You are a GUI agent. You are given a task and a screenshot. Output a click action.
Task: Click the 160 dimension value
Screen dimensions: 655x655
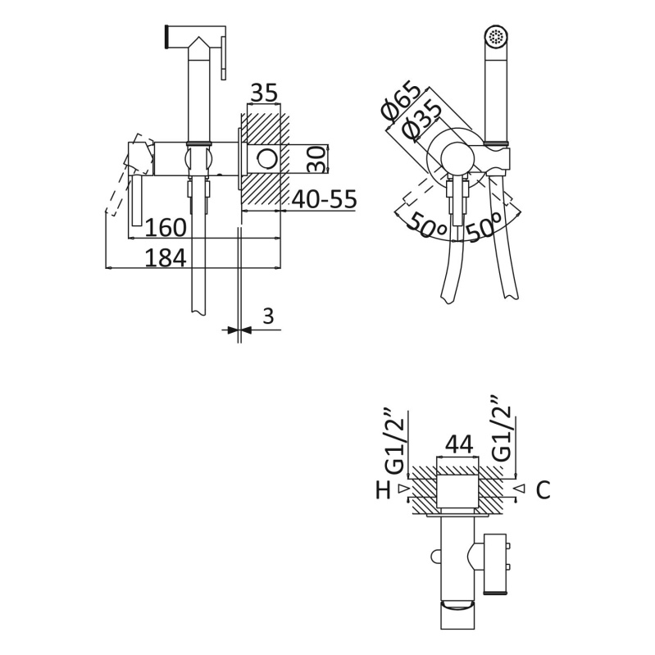[166, 228]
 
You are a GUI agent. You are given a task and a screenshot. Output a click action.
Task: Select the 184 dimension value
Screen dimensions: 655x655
[166, 257]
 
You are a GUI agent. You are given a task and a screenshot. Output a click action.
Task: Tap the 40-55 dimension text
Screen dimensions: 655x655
[324, 199]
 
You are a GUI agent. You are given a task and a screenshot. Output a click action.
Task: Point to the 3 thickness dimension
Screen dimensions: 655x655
[268, 316]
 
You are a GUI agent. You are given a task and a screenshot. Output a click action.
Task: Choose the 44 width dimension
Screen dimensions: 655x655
[459, 444]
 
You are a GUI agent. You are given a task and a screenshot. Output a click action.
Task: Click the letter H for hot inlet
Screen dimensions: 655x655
[383, 490]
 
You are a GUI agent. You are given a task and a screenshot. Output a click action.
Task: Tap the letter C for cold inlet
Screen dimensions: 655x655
[543, 490]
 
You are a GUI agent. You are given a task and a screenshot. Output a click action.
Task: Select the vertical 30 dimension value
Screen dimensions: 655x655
[316, 159]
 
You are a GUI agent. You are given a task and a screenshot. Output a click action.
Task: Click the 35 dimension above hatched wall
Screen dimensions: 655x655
[264, 93]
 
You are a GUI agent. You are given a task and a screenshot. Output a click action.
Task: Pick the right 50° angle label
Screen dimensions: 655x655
[484, 226]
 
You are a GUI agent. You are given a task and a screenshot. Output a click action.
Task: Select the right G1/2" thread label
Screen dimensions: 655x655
[501, 430]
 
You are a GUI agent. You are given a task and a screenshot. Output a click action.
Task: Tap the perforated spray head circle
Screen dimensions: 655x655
[496, 36]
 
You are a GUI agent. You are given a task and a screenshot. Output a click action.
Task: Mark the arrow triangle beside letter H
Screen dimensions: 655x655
[403, 488]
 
